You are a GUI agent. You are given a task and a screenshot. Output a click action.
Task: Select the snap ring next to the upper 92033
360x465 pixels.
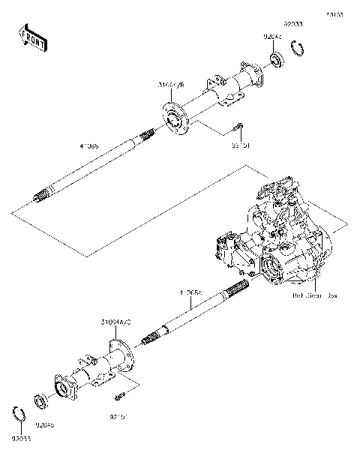click(298, 50)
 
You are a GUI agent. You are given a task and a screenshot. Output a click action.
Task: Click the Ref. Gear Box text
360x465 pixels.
click(314, 295)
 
